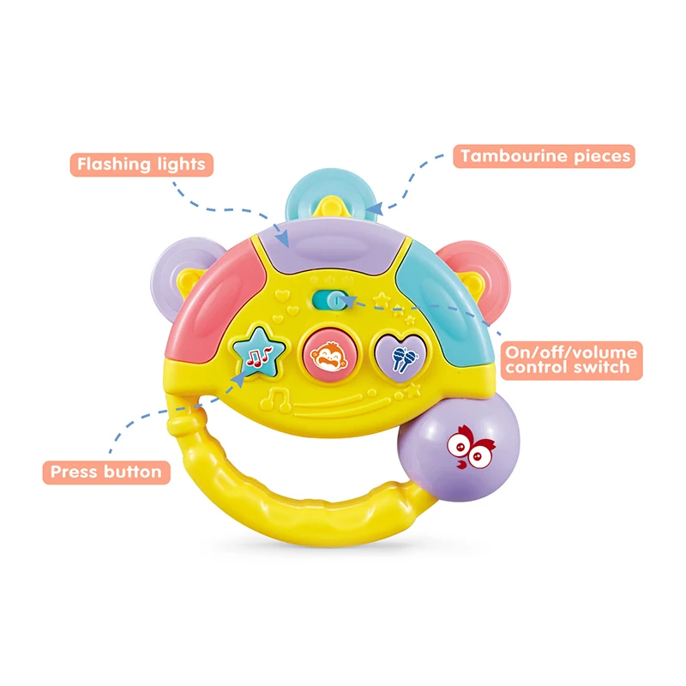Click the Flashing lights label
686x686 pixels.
click(x=141, y=163)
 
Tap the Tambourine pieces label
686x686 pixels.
click(x=545, y=156)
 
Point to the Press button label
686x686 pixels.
click(x=105, y=472)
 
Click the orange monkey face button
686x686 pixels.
click(x=323, y=351)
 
